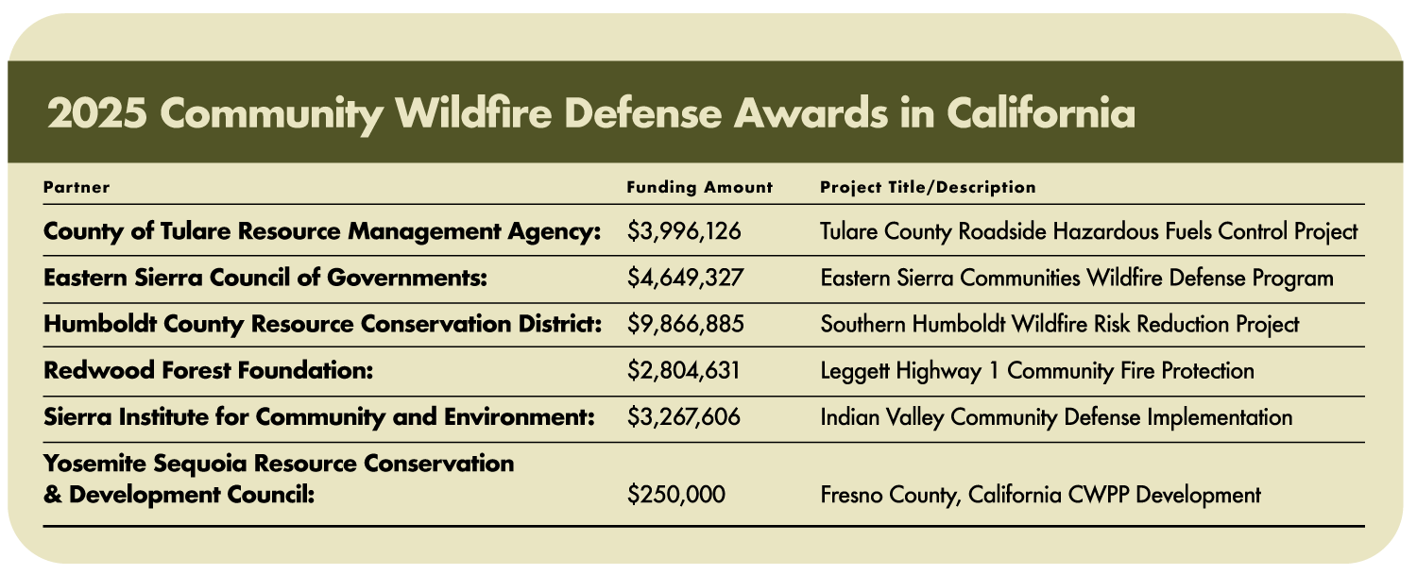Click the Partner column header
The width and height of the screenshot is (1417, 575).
pyautogui.click(x=77, y=187)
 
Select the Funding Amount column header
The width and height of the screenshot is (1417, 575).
pyautogui.click(x=700, y=187)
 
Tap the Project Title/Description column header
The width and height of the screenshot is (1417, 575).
pyautogui.click(x=928, y=187)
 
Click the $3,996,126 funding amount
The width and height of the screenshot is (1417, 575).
pyautogui.click(x=684, y=231)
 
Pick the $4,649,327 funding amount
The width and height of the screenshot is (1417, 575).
pyautogui.click(x=685, y=278)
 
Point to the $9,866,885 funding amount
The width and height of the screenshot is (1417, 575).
pyautogui.click(x=685, y=324)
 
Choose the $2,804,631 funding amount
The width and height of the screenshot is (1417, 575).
pyautogui.click(x=683, y=371)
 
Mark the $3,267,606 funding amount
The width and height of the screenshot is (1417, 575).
pyautogui.click(x=683, y=417)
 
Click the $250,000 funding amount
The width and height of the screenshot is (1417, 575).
pyautogui.click(x=676, y=495)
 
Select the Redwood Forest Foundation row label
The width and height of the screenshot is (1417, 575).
pyautogui.click(x=208, y=371)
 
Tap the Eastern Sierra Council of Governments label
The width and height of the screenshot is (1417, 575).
pyautogui.click(x=265, y=278)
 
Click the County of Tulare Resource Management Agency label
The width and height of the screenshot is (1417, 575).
pyautogui.click(x=322, y=231)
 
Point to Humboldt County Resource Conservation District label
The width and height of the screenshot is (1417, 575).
pyautogui.click(x=323, y=324)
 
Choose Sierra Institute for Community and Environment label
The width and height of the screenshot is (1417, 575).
pyautogui.click(x=319, y=417)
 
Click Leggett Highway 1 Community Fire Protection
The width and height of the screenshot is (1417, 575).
pyautogui.click(x=1037, y=371)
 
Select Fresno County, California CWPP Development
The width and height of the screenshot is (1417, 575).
pyautogui.click(x=1041, y=495)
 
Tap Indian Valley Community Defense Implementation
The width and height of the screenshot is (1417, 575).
pyautogui.click(x=1056, y=417)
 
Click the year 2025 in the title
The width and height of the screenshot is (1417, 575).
pyautogui.click(x=97, y=114)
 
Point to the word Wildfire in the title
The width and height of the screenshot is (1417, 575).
pyautogui.click(x=473, y=113)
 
